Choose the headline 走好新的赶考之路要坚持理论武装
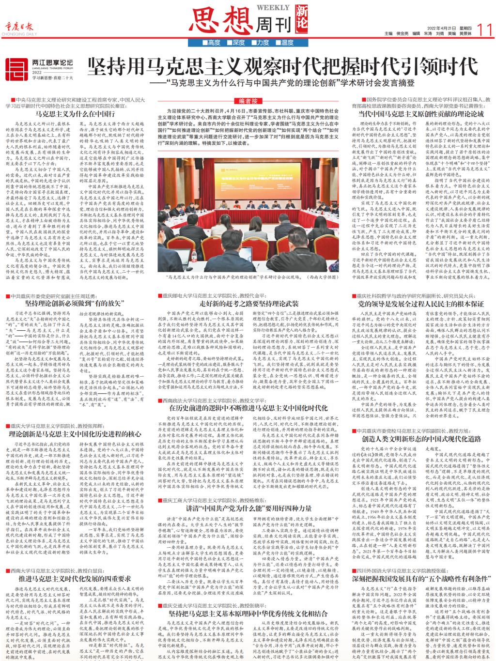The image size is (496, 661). click(x=248, y=302)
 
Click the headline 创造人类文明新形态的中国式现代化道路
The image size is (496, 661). click(x=419, y=438)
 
